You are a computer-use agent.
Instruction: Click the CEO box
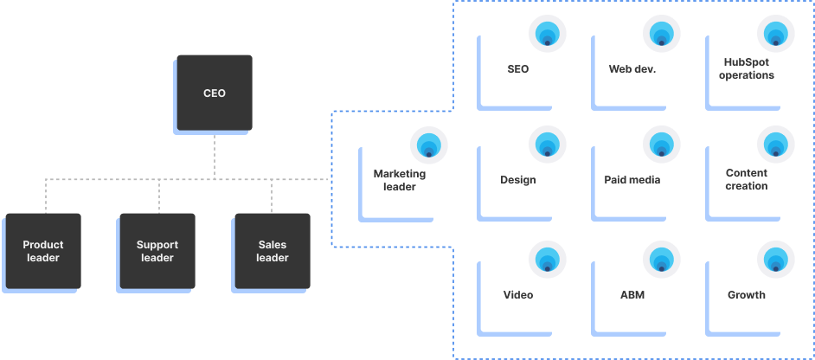click(214, 93)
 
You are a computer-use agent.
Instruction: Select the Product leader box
click(43, 251)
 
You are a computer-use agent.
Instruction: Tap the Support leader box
click(157, 251)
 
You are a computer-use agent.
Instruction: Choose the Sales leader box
click(272, 251)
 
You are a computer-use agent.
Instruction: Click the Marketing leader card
click(400, 180)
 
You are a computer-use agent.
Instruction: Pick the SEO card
click(518, 69)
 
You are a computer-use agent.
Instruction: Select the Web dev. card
click(632, 69)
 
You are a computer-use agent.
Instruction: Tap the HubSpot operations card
click(746, 69)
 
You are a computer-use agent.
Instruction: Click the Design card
click(518, 180)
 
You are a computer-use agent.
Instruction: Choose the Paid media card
click(632, 180)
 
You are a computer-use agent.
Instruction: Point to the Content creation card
click(746, 180)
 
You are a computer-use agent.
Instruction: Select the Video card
click(518, 295)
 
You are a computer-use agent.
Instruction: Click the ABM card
click(632, 295)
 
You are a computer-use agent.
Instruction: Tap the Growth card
click(746, 295)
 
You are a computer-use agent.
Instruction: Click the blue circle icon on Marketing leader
click(429, 145)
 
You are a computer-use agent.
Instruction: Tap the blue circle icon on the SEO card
click(548, 34)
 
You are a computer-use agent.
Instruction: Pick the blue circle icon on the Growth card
click(775, 260)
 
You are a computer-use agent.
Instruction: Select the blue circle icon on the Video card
click(548, 260)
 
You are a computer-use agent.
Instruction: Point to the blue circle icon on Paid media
click(662, 145)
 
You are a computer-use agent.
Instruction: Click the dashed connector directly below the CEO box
click(215, 156)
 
